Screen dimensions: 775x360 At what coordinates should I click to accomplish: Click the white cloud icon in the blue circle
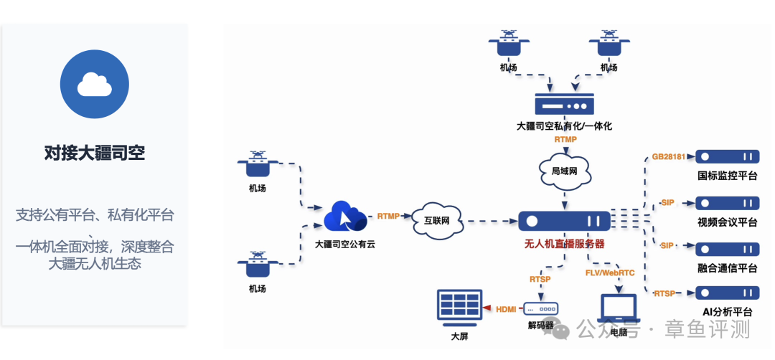click(x=95, y=84)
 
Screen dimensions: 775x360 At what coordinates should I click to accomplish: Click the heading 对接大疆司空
click(x=95, y=153)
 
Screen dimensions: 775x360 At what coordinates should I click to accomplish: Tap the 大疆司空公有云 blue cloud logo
click(x=345, y=216)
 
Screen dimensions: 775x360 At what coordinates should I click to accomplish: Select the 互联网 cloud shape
click(x=438, y=220)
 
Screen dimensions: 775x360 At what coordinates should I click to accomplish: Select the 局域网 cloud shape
click(x=565, y=171)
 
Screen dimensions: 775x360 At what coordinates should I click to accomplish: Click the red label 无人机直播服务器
click(x=564, y=244)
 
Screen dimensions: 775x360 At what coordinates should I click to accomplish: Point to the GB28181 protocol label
click(x=669, y=157)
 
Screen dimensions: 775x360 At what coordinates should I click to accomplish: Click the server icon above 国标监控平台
click(x=727, y=157)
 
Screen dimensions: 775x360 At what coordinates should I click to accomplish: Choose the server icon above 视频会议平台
click(x=727, y=203)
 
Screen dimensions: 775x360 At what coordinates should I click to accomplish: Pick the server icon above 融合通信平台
click(x=727, y=249)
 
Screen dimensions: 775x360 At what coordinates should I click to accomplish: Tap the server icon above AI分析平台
click(x=727, y=293)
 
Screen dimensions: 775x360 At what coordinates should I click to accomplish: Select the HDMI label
click(x=506, y=309)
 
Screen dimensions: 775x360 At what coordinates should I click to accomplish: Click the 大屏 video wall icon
click(x=459, y=309)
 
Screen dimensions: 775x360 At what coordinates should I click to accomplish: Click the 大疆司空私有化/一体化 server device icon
click(x=564, y=105)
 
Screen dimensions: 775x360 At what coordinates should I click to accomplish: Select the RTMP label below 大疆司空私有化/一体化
click(x=565, y=139)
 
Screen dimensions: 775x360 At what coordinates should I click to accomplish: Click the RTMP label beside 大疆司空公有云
click(x=388, y=216)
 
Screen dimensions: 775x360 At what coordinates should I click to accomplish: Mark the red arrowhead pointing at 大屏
click(x=487, y=308)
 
